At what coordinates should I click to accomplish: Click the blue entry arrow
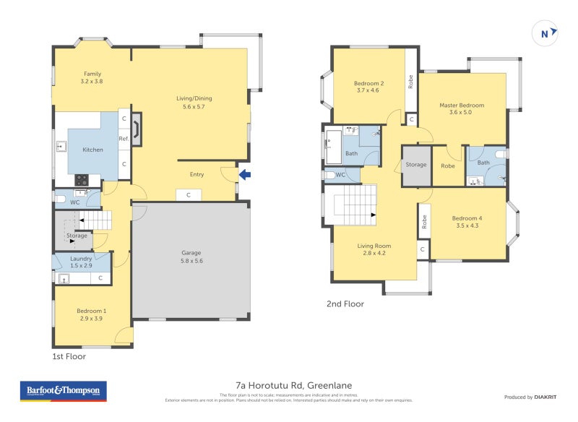click(x=245, y=173)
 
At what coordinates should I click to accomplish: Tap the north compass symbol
click(x=546, y=33)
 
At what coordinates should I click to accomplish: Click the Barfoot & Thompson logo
click(x=63, y=391)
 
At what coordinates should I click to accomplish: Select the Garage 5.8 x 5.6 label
click(x=191, y=257)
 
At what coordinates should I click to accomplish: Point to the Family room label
click(x=92, y=77)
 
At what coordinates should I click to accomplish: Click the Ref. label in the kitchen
click(x=124, y=139)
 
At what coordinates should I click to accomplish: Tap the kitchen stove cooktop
click(x=82, y=181)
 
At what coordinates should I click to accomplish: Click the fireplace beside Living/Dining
click(x=137, y=129)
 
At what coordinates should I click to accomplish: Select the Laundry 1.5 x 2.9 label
click(x=81, y=262)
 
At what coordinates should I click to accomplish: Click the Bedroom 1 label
click(x=91, y=314)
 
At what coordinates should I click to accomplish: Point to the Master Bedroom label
click(x=462, y=108)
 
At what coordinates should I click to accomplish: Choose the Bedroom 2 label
click(x=368, y=87)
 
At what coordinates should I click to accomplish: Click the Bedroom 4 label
click(x=466, y=222)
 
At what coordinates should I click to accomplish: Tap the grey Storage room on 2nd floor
click(x=416, y=165)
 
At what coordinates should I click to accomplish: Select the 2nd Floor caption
click(x=345, y=304)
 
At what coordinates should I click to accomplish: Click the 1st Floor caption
click(x=69, y=357)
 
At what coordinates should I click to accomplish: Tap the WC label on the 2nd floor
click(x=340, y=175)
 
